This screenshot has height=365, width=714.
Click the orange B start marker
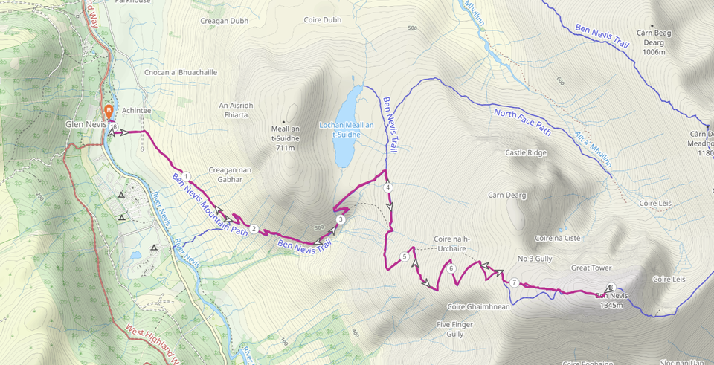tap(109, 111)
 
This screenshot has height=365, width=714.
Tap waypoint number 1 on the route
tap(187, 177)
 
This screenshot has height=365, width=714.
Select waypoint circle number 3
tap(340, 219)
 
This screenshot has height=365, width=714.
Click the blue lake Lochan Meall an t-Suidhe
tap(347, 126)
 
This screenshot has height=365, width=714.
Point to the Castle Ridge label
tap(526, 153)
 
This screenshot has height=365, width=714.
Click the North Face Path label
tap(523, 123)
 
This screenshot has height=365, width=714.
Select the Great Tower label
tap(591, 268)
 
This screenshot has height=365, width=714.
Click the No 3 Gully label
tap(535, 259)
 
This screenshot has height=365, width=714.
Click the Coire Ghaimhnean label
tap(477, 306)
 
